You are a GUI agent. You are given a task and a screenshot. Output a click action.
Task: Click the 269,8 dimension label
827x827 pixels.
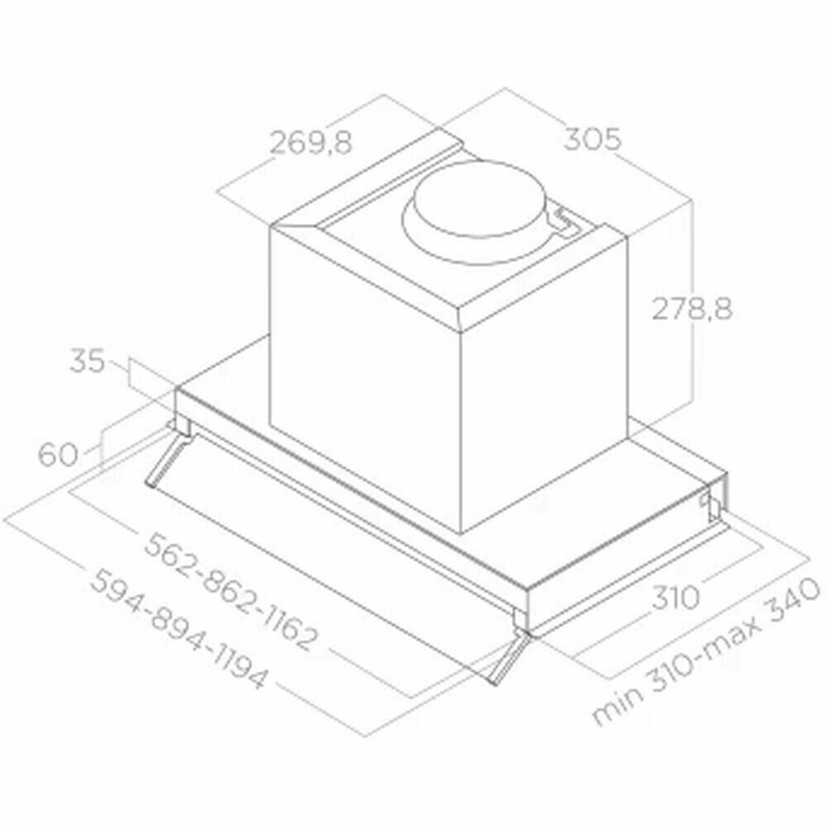pos(311,143)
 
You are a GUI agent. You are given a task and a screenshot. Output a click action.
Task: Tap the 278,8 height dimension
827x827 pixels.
pos(692,308)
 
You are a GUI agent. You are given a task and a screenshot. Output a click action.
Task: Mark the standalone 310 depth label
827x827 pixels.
pos(676,598)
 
